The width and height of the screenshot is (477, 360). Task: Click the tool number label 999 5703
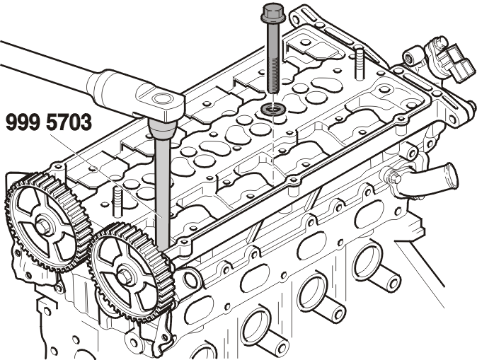click(x=49, y=122)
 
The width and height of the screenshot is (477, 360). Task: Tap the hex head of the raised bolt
click(x=273, y=13)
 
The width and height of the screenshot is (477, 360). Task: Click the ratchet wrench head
click(x=159, y=101)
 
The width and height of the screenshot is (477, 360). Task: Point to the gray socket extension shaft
click(x=163, y=194)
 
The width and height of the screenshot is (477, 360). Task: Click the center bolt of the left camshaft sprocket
click(x=43, y=226)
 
